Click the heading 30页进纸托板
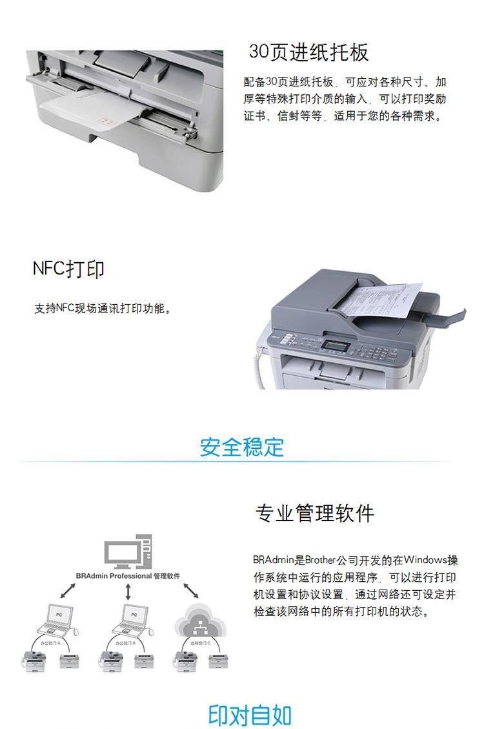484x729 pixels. tap(309, 52)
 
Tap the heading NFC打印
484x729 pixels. tap(68, 269)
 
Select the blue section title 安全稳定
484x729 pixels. tap(241, 446)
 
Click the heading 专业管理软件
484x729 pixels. tap(315, 513)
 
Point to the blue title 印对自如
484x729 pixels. tap(250, 715)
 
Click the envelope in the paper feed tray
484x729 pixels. tap(90, 110)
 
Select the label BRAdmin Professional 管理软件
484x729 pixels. tap(127, 575)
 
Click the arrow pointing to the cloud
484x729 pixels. tap(190, 590)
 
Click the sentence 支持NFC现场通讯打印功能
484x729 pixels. tap(103, 309)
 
